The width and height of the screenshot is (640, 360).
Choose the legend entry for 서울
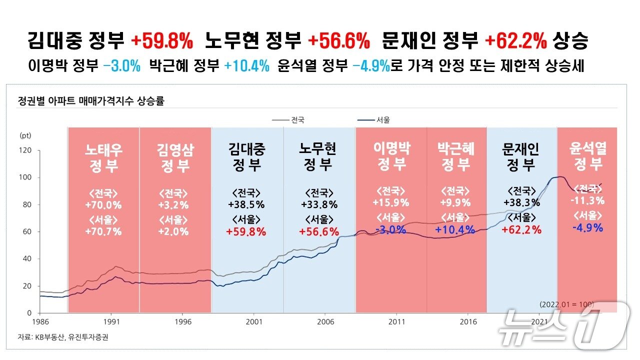(374, 120)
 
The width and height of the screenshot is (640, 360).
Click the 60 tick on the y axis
(27, 232)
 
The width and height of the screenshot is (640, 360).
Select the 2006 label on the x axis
(325, 321)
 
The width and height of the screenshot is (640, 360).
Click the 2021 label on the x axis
(540, 321)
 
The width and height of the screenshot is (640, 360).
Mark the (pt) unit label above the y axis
(25, 135)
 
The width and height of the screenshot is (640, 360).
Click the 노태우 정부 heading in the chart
(103, 157)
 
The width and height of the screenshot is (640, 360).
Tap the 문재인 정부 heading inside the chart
(521, 157)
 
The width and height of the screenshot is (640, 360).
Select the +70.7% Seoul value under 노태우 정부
(103, 231)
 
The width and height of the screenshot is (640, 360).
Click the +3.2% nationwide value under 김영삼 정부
(174, 204)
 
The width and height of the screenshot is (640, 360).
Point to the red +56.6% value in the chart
(319, 231)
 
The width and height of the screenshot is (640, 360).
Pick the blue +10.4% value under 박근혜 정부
(454, 230)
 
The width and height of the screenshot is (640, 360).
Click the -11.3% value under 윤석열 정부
(588, 201)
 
